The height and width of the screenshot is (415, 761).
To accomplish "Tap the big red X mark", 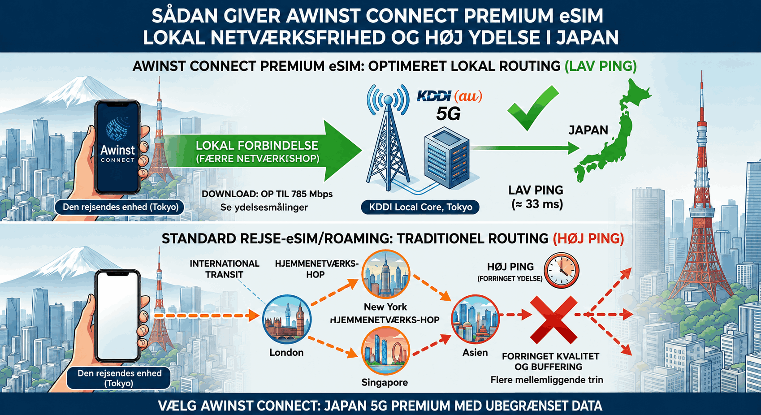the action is tap(553, 320).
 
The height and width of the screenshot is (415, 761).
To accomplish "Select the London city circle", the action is tap(287, 320).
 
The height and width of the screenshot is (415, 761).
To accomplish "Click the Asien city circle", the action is tap(475, 320).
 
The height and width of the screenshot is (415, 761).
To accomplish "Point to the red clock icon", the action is tap(561, 270).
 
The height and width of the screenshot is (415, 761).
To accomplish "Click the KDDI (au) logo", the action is tap(449, 96).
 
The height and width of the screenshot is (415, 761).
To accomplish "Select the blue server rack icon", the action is tap(447, 158).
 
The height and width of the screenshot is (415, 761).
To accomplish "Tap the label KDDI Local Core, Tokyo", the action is tap(420, 207).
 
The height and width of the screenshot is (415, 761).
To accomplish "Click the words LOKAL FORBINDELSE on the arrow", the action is tap(257, 145).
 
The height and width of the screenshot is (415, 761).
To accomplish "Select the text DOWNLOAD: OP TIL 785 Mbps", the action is tap(267, 194).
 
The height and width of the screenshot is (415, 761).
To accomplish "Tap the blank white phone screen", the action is tap(117, 316).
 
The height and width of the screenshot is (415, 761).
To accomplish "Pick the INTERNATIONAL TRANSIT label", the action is tap(224, 269).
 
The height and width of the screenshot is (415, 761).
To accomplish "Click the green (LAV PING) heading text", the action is tap(600, 66).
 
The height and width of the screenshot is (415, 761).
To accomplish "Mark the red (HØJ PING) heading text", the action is tap(588, 239).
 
